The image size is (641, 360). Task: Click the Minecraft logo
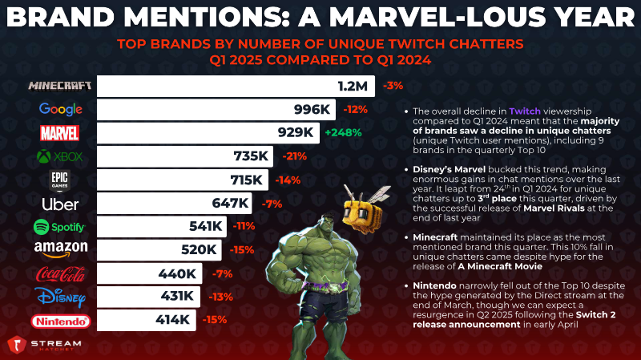coord(59,86)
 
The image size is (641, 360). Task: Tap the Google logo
coord(61,109)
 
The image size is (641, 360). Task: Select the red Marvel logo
coord(59,133)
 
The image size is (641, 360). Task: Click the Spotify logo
coord(59,227)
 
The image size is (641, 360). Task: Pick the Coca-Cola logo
coord(61,274)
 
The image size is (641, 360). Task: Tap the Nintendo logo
coord(61,322)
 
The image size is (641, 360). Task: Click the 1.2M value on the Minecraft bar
coord(353,86)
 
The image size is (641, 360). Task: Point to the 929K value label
coord(296,132)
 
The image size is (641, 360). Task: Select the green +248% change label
coord(344,132)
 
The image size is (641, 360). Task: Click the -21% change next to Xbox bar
coord(294,156)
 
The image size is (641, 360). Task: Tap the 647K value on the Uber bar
coord(230,203)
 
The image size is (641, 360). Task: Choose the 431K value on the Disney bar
coord(177,296)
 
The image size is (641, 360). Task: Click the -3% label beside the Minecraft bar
coord(393,86)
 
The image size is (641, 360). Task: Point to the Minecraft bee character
coord(364,208)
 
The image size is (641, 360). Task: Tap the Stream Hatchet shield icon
coord(16,345)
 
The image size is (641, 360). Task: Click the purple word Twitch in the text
coord(525,111)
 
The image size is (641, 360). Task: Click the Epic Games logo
coord(59,181)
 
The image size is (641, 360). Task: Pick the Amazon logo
coord(61,249)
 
